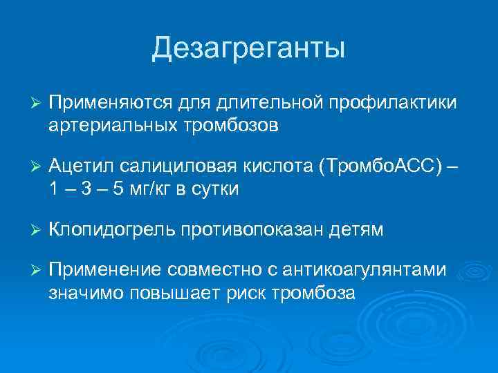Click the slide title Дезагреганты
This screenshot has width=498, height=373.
click(248, 48)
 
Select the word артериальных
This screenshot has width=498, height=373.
click(113, 125)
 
